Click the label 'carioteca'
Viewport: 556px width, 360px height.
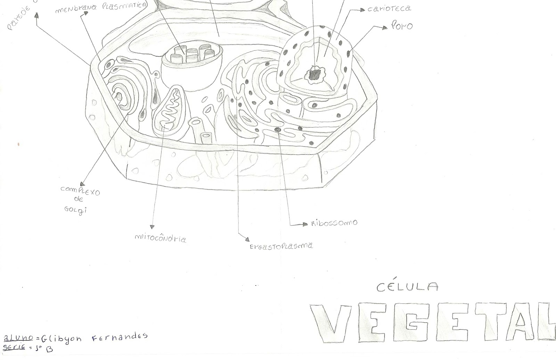(x=389, y=9)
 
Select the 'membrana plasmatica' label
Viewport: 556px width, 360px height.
(x=100, y=8)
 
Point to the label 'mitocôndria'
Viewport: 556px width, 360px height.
(x=160, y=238)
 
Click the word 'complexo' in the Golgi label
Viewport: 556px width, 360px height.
(x=80, y=190)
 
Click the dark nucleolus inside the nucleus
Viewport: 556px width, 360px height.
(x=315, y=74)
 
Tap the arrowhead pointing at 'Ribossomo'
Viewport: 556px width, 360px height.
(x=305, y=224)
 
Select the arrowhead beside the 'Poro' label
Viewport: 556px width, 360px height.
(x=384, y=27)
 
